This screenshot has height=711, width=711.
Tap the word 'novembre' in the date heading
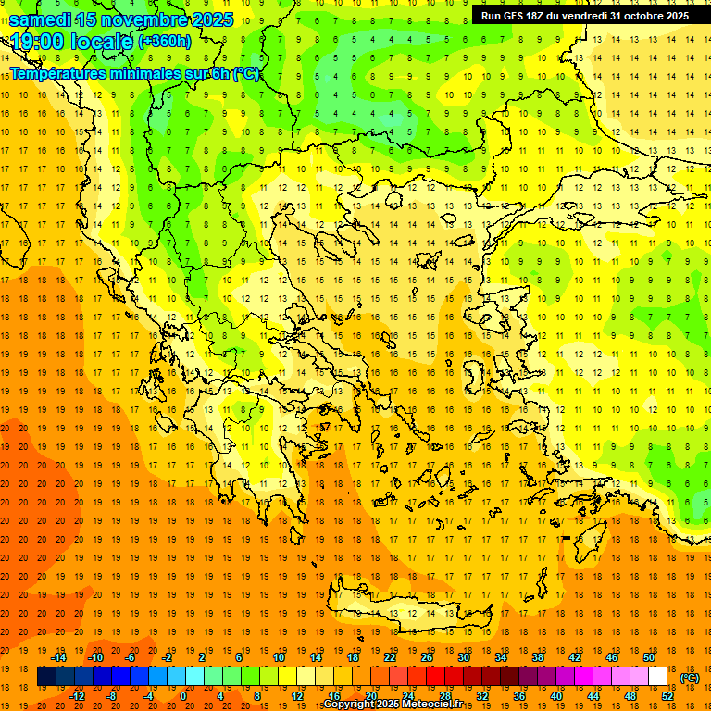[x=139, y=19]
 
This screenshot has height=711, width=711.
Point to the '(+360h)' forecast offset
[x=166, y=42]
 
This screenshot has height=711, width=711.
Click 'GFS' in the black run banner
[x=515, y=16]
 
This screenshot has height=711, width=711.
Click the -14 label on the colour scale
[x=58, y=657]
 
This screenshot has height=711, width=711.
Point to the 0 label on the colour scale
[x=182, y=696]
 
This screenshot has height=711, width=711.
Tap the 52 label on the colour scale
[x=668, y=696]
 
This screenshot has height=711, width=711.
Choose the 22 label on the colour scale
[x=391, y=657]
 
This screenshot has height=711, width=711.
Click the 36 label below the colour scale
[x=519, y=696]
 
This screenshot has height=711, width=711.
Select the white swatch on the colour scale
[x=657, y=677]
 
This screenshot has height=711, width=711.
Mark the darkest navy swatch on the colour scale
[x=46, y=677]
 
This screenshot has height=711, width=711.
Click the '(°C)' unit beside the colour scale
[x=689, y=677]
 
